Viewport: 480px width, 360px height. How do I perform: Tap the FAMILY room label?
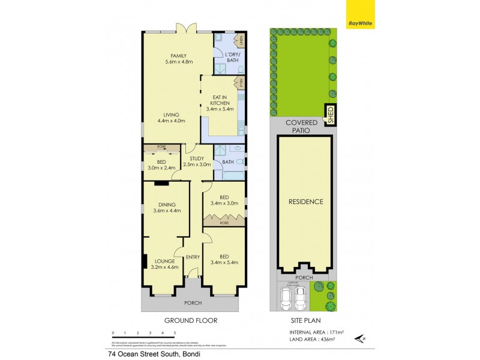tap(178, 58)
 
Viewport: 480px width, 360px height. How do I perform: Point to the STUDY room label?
tap(197, 161)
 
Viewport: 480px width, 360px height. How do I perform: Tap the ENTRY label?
tap(193, 257)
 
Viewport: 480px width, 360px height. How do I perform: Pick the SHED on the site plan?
tap(330, 114)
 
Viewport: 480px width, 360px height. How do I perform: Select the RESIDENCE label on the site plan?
tap(306, 202)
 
